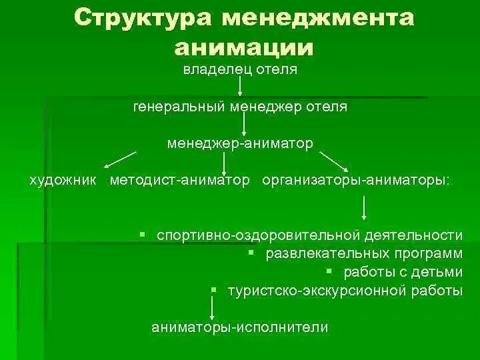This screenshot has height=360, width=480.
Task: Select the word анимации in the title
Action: click(243, 46)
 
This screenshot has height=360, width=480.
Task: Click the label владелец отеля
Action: click(240, 69)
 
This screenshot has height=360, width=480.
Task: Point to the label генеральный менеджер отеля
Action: click(240, 106)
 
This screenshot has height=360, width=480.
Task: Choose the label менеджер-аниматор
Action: click(240, 143)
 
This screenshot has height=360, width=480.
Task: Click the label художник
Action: click(63, 180)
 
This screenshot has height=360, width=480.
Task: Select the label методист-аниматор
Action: click(180, 180)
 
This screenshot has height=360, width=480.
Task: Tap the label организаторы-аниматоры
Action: click(356, 180)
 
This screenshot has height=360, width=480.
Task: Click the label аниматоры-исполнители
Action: click(239, 327)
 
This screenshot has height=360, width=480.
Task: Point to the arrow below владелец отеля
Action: click(240, 85)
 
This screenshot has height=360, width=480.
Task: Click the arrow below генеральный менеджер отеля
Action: click(245, 124)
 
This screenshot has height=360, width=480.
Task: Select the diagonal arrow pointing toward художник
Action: click(121, 159)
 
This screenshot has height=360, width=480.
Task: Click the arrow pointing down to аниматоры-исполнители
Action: click(211, 308)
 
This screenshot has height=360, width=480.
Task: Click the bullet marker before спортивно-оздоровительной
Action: click(143, 235)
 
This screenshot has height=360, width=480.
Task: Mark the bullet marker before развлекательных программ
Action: click(251, 253)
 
